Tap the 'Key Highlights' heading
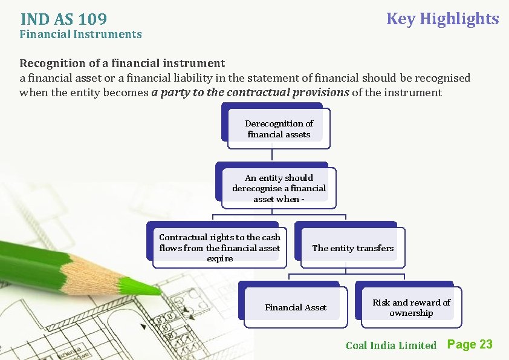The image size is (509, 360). tap(442, 19)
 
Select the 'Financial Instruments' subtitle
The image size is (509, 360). tap(80, 34)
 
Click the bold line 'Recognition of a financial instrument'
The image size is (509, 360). tap(122, 63)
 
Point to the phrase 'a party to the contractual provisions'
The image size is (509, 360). tap(250, 93)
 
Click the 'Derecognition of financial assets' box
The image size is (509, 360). tap(279, 129)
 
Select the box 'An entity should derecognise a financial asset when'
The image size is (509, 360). tap(279, 188)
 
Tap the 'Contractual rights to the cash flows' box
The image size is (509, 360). tap(219, 247)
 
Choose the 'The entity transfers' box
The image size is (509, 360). tap(352, 248)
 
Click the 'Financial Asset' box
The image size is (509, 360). tap(295, 307)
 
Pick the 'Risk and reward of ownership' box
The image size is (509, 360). tap(411, 307)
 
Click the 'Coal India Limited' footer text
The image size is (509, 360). tap(391, 345)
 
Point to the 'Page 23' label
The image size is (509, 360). tap(470, 344)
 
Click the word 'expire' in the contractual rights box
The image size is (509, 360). tap(219, 258)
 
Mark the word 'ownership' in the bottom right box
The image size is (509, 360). tap(411, 313)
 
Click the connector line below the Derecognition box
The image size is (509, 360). tap(272, 155)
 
